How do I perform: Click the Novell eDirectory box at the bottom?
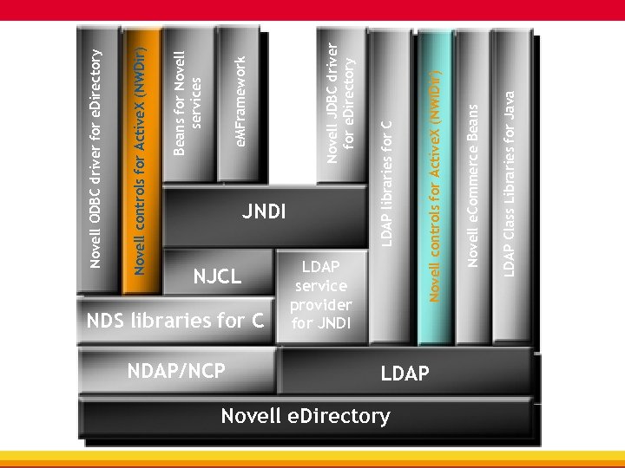[x=306, y=417]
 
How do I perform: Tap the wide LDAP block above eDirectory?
[x=405, y=374]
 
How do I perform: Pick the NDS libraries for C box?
[x=174, y=321]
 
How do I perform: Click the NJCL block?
[x=217, y=277]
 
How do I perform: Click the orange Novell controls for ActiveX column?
[x=141, y=156]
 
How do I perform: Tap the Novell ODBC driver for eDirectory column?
[x=98, y=156]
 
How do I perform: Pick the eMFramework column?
[x=242, y=104]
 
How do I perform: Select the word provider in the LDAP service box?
[x=320, y=305]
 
